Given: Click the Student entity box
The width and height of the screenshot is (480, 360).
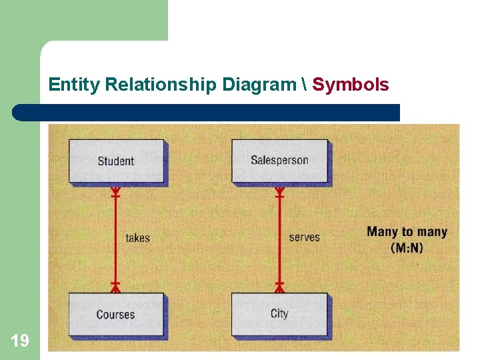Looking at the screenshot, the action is (116, 160).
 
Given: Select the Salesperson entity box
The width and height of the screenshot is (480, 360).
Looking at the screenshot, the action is (279, 160).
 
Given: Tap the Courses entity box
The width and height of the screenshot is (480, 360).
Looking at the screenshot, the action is (116, 314).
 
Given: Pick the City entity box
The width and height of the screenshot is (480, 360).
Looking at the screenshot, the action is (279, 314).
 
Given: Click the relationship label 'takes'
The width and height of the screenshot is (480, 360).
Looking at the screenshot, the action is (137, 237).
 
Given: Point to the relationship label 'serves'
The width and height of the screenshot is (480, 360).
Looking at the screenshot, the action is (304, 237).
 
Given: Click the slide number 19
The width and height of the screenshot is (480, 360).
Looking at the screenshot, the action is (20, 341).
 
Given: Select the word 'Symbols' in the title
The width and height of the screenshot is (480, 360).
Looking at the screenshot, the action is (351, 85).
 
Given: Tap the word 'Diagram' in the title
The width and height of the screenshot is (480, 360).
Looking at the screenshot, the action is (259, 85).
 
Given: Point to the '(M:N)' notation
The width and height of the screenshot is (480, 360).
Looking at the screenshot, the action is (406, 247).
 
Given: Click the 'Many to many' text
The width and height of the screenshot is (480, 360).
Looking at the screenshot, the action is (407, 232).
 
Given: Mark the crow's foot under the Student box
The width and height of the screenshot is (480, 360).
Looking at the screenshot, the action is (115, 193).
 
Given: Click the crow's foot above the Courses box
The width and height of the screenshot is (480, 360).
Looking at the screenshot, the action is (115, 286).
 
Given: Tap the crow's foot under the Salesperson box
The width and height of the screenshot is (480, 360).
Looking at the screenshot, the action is (279, 193).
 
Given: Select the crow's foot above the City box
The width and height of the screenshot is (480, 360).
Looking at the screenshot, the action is (279, 286).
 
